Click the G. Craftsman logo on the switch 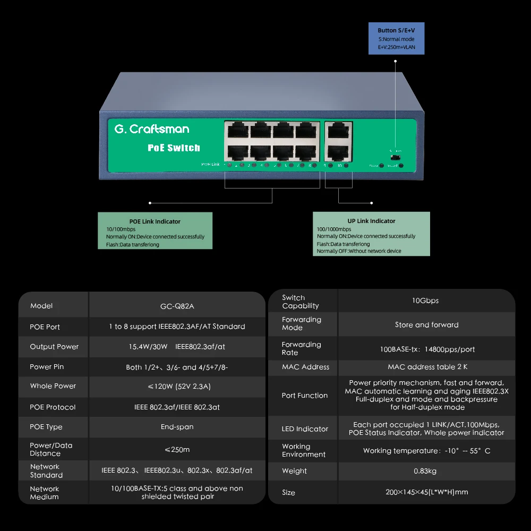click(x=152, y=129)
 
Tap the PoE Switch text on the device click(x=174, y=148)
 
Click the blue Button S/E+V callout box click(x=397, y=39)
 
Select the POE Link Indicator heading click(x=155, y=221)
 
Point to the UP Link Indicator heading click(x=371, y=221)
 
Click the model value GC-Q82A click(x=177, y=306)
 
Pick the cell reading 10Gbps click(x=425, y=301)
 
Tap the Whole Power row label click(x=53, y=386)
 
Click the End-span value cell click(x=177, y=427)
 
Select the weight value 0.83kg click(x=425, y=471)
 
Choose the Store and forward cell click(x=426, y=325)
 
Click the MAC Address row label click(x=305, y=367)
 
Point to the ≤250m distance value click(x=177, y=450)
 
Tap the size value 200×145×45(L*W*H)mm click(x=426, y=492)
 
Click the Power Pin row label click(x=47, y=367)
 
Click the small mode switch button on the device click(x=395, y=157)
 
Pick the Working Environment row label click(x=304, y=450)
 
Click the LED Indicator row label click(x=305, y=429)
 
